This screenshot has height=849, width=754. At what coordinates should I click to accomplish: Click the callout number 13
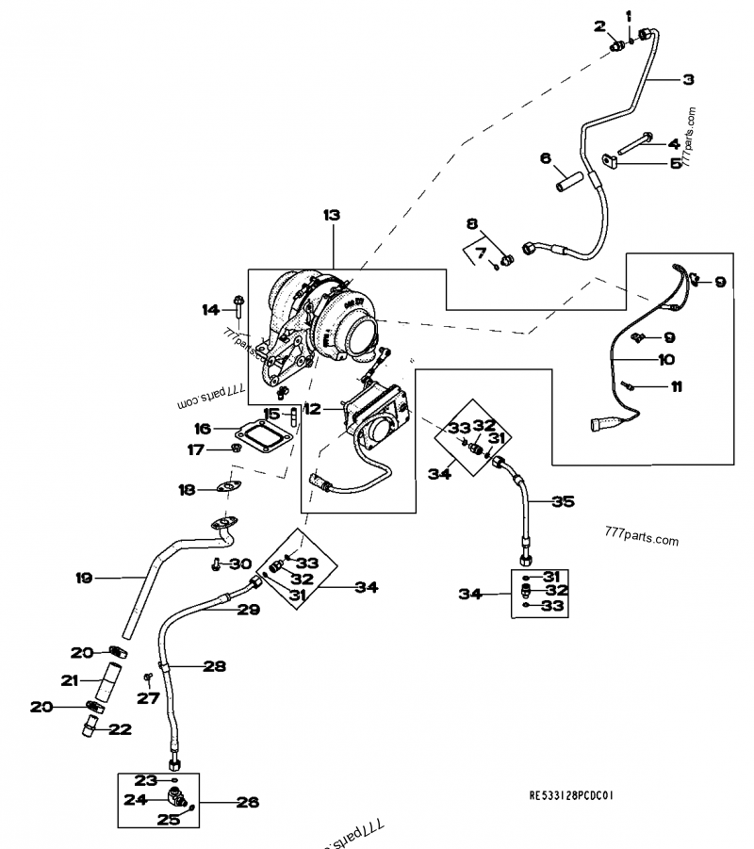(x=331, y=216)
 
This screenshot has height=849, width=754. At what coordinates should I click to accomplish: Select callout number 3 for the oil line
(x=689, y=80)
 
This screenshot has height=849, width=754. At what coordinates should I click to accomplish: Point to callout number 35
(x=563, y=502)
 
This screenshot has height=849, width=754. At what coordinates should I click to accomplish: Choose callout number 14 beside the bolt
(x=209, y=308)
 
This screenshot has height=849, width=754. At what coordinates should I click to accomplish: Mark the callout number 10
(x=640, y=359)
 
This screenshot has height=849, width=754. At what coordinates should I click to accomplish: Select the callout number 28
(x=215, y=666)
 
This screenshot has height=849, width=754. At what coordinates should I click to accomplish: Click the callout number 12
(x=313, y=408)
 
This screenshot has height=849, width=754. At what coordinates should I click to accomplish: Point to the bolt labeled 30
(x=218, y=564)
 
